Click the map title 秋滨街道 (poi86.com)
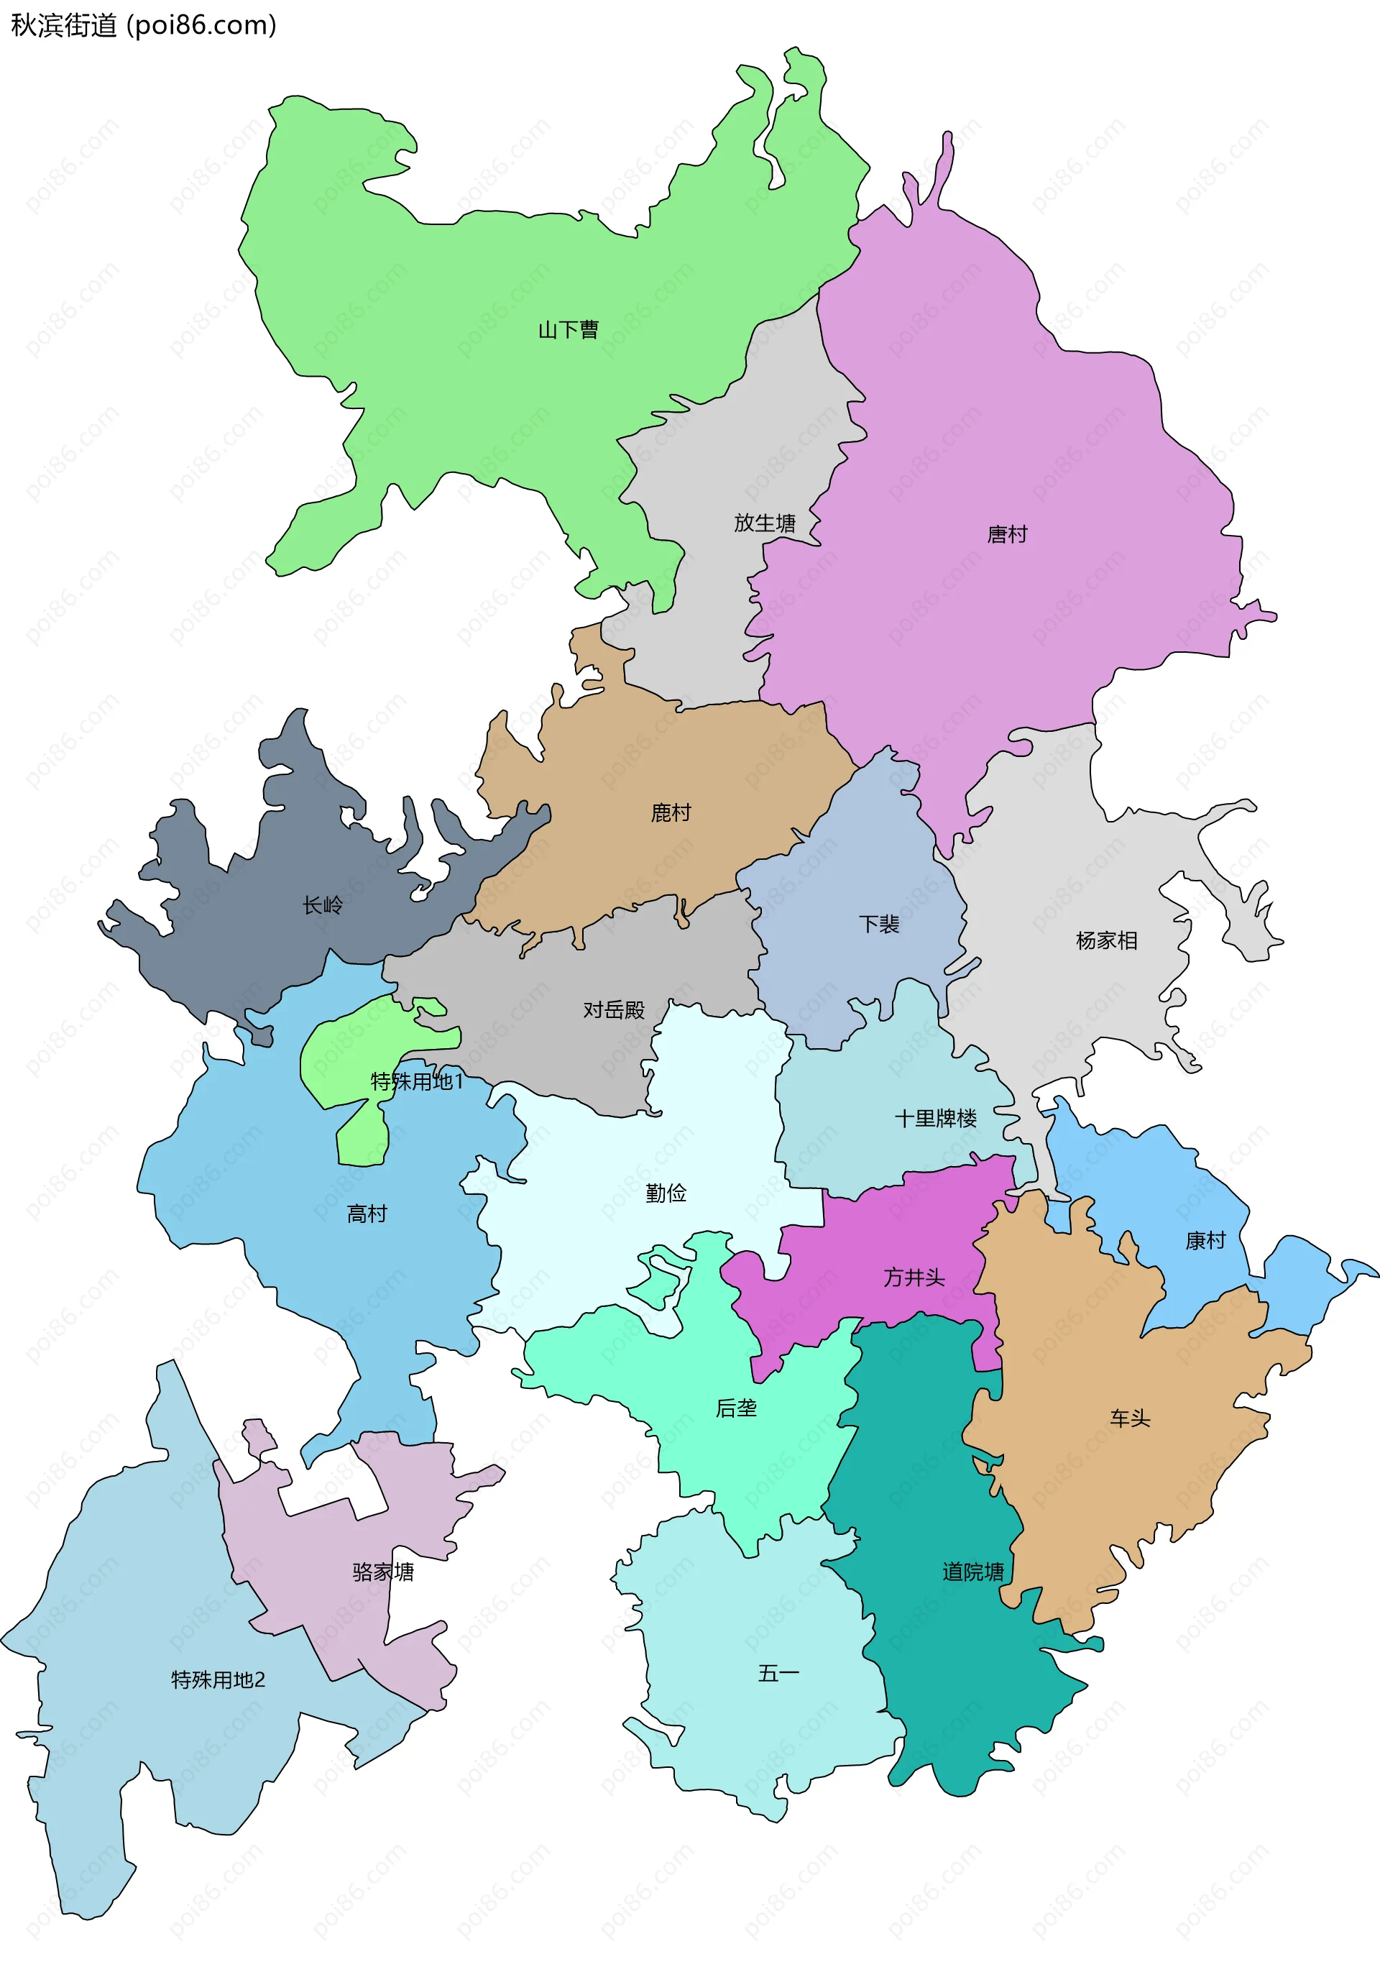coord(143,26)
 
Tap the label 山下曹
coord(568,330)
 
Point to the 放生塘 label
coord(764,523)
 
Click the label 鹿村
coord(671,812)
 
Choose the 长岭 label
coord(323,906)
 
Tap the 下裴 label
coord(879,924)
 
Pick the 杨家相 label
coord(1106,940)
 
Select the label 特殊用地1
coord(416,1082)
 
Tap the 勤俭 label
coord(666,1193)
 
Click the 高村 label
coord(367,1213)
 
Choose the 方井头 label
coord(914,1278)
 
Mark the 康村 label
coord(1205,1239)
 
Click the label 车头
coord(1130,1418)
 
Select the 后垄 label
coord(736,1408)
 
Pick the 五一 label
coord(778,1673)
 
